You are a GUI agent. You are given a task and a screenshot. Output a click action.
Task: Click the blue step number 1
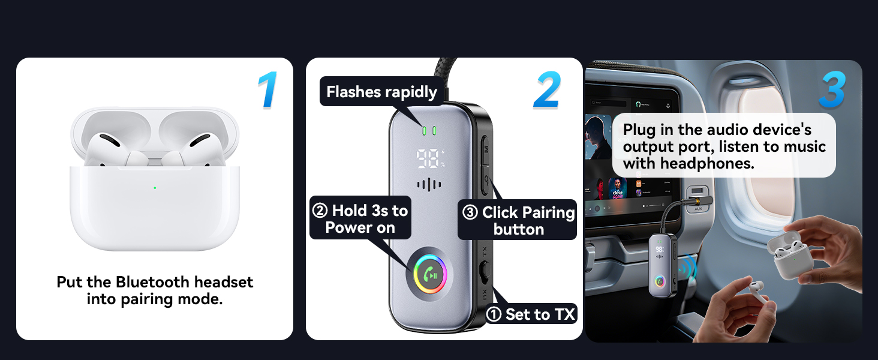point(268,91)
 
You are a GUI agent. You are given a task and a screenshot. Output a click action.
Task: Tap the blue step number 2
point(547,91)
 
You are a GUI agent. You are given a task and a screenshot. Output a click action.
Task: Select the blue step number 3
point(832,91)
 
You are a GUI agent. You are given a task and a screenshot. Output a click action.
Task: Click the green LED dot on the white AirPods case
point(155,188)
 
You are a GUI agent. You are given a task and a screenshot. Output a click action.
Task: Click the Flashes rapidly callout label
point(381,92)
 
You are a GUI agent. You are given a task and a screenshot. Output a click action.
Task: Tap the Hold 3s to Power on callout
point(360,218)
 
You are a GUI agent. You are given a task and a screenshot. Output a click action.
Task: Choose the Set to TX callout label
point(532,314)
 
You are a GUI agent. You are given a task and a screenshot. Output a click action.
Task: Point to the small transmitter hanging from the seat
point(662,264)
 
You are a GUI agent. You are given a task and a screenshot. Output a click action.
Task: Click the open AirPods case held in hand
point(793,255)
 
